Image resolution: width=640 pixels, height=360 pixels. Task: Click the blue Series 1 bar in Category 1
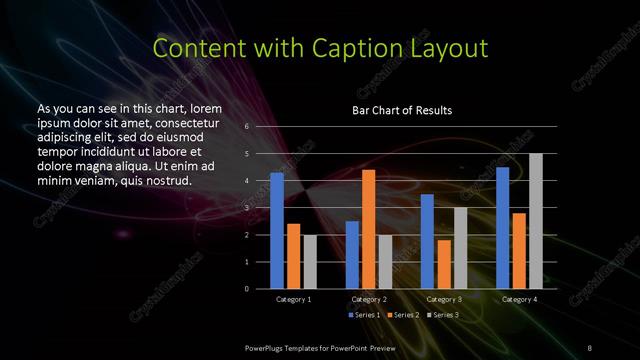[x=277, y=231]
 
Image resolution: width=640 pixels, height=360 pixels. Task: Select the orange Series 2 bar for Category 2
[x=368, y=229]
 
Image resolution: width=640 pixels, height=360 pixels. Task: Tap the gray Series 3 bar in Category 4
[x=535, y=221]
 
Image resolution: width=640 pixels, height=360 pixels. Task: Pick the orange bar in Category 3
[x=443, y=264]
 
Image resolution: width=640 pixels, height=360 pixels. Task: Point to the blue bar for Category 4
[x=502, y=228]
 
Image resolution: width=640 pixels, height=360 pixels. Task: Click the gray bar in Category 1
[x=310, y=262]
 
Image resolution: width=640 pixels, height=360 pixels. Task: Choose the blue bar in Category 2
[x=352, y=255]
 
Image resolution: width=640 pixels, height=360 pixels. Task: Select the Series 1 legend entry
[x=364, y=315]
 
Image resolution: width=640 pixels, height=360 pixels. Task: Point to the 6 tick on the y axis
[x=247, y=127]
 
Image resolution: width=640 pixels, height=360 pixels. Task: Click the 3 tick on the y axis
[x=247, y=208]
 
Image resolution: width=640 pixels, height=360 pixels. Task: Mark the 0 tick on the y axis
[x=247, y=289]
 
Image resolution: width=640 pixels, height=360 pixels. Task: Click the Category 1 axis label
[x=293, y=299]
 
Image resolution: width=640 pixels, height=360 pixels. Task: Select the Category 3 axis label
[x=443, y=299]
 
